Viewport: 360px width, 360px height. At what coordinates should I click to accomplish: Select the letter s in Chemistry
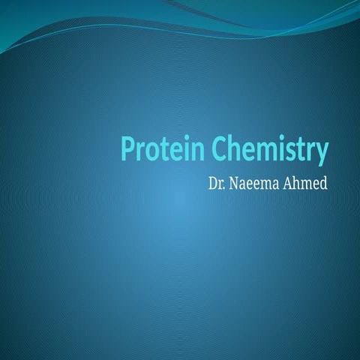click(x=292, y=152)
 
